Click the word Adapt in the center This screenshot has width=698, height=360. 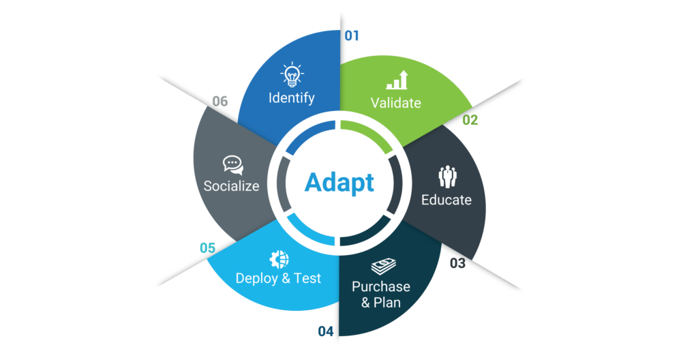click(339, 183)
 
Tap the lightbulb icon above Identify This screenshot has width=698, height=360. click(292, 74)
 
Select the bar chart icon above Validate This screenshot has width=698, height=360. click(397, 80)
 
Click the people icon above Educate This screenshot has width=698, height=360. click(447, 177)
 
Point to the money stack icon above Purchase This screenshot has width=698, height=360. click(383, 267)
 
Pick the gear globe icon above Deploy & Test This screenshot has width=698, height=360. click(279, 259)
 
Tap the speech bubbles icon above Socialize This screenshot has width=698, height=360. click(233, 165)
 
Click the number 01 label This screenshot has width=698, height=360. click(352, 35)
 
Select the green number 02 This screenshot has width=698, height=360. click(470, 120)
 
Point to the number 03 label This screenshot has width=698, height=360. click(457, 263)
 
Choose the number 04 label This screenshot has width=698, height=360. click(325, 331)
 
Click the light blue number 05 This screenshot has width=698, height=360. click(207, 247)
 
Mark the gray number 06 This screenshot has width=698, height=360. click(220, 101)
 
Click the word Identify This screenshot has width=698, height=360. click(292, 98)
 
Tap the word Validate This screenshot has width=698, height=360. click(396, 103)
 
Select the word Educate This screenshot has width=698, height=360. click(446, 200)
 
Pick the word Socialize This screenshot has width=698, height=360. click(232, 185)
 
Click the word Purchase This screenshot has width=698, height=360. click(381, 286)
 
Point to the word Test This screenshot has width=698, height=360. click(307, 278)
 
